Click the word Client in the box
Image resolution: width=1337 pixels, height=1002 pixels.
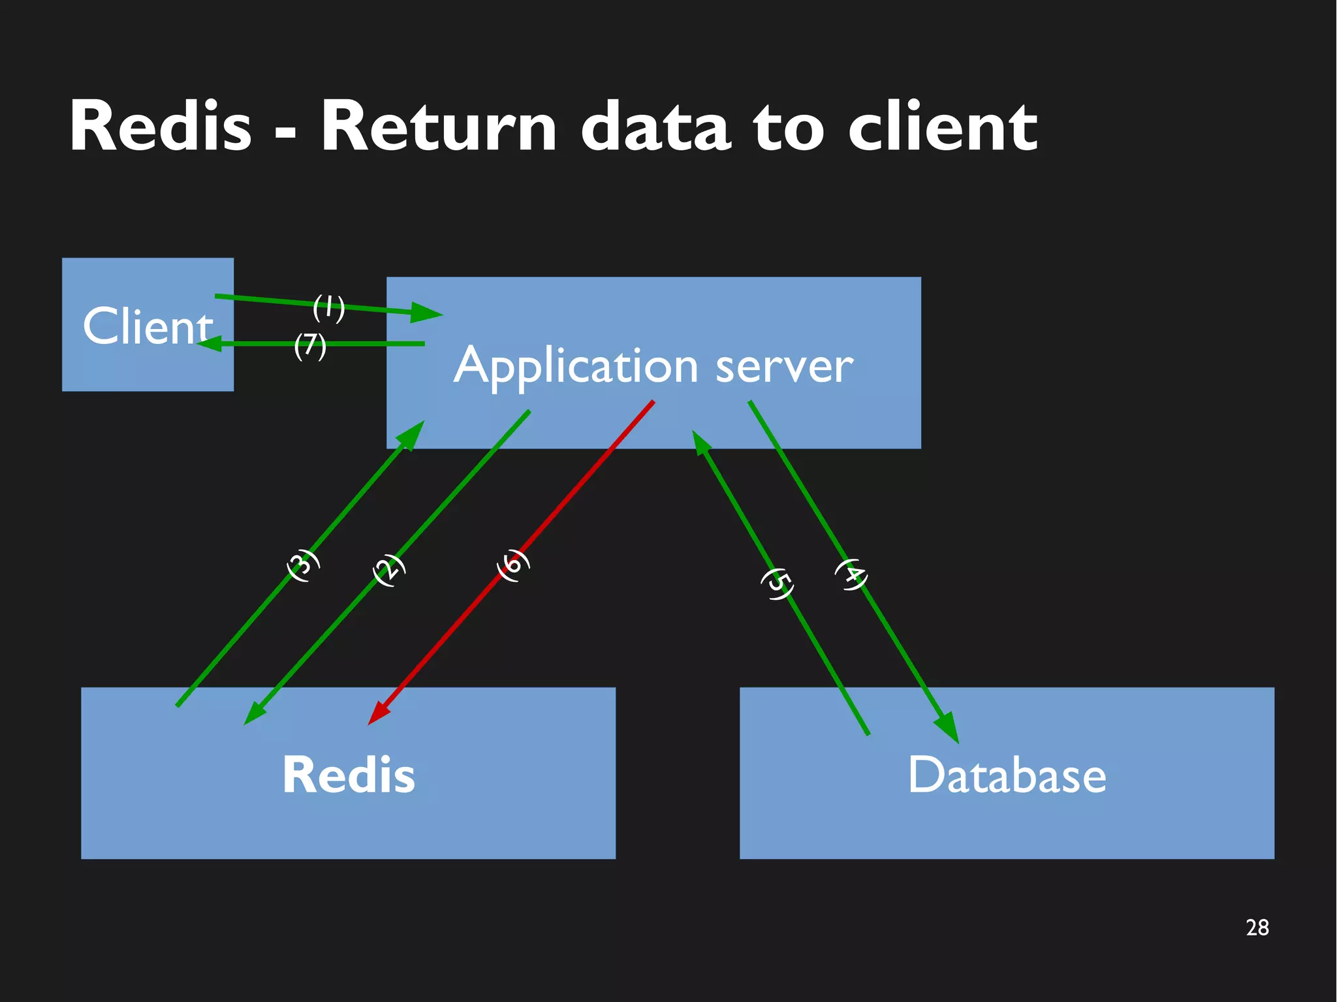(148, 326)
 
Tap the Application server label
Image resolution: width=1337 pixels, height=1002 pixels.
(653, 366)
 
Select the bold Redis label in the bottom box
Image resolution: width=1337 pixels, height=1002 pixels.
(348, 775)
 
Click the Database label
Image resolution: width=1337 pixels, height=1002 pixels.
(1007, 775)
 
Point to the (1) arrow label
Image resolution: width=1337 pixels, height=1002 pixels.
(328, 307)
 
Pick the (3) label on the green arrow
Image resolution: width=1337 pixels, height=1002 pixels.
(304, 565)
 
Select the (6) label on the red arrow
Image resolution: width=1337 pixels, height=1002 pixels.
(513, 565)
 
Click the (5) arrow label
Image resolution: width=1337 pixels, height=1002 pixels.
(778, 584)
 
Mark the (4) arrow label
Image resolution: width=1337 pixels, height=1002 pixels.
(852, 574)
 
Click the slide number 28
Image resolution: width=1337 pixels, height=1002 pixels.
(1257, 928)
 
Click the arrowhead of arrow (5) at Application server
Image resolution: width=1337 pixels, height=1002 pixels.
(700, 442)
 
